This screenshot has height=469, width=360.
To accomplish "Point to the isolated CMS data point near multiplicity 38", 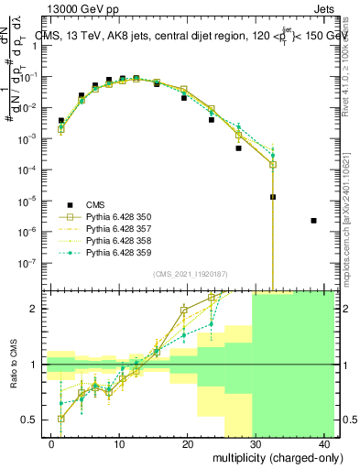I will pos(314,221).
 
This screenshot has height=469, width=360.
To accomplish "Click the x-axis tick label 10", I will pos(119,444).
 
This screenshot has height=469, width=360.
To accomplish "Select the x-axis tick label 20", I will pos(187,444).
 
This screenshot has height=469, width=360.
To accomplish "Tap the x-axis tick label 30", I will pos(256,444).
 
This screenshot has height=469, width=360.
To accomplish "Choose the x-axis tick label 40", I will pos(323,444).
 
